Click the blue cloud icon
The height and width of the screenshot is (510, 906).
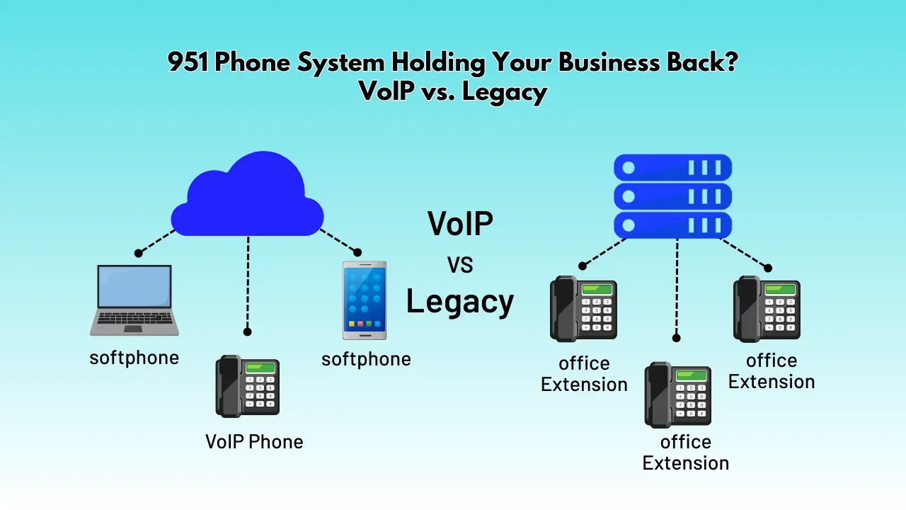247,194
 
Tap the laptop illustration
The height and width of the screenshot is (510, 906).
134,300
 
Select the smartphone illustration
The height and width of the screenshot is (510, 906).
365,300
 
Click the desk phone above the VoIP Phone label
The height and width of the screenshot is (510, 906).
248,386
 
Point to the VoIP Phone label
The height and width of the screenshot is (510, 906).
254,441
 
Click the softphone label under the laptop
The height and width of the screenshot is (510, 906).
134,358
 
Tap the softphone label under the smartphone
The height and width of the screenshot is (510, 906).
366,359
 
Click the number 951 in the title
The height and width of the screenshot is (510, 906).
188,62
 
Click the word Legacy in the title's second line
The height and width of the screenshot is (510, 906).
505,92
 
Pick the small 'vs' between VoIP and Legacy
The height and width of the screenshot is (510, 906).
460,265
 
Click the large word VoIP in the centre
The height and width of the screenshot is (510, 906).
460,223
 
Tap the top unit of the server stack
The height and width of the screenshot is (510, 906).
672,167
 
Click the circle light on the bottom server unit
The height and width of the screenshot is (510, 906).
628,225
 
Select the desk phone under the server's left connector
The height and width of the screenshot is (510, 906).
583,309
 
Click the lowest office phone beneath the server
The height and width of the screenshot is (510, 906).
678,395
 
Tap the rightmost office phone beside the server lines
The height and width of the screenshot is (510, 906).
767,309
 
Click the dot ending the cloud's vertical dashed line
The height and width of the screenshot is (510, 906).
248,332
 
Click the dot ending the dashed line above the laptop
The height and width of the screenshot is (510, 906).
138,254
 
